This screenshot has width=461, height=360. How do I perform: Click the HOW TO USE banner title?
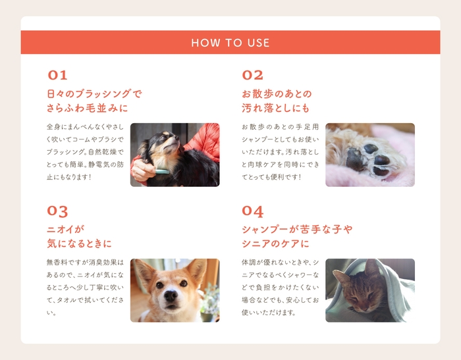[230, 43]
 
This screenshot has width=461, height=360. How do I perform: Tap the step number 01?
[57, 75]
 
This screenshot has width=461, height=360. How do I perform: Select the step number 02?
[252, 75]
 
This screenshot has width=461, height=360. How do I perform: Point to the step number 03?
[57, 211]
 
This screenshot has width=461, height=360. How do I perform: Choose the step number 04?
[252, 211]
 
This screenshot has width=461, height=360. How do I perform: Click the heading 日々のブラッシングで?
[94, 93]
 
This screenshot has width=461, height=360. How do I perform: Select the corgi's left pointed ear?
[141, 270]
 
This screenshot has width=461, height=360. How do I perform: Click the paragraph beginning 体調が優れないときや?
[280, 287]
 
